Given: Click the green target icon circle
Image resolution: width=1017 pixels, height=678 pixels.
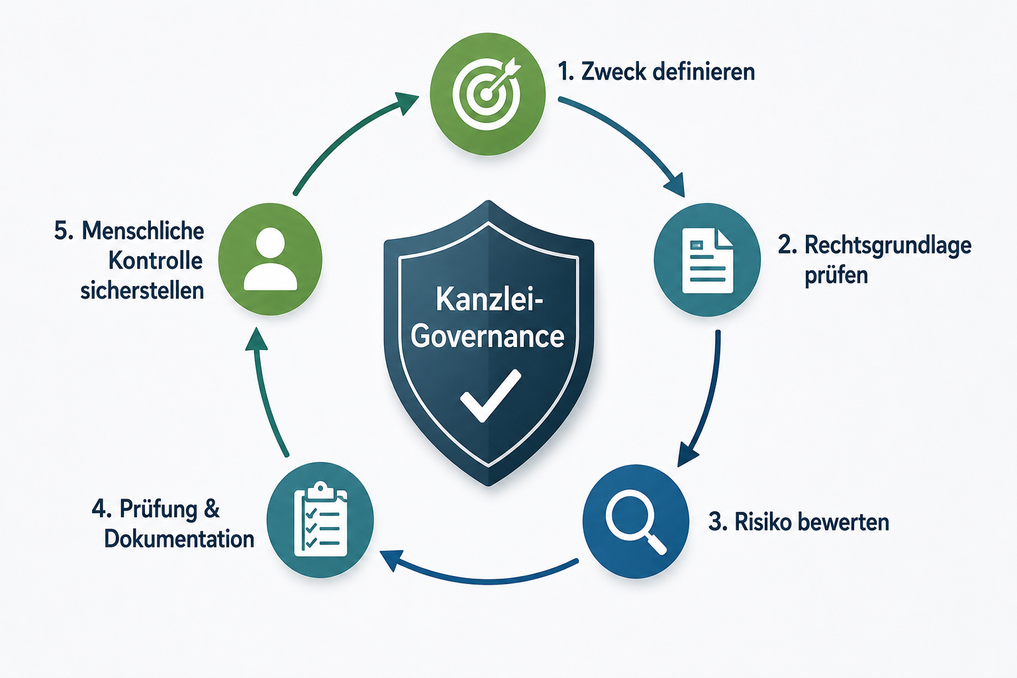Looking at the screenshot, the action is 487,94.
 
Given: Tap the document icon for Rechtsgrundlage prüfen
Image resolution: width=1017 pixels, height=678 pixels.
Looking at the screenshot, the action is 707,260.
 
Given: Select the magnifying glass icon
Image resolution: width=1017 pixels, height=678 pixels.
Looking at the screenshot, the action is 636,521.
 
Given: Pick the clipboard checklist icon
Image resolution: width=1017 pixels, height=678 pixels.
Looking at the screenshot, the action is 320,519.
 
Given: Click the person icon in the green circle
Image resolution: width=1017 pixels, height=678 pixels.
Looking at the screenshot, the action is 270,259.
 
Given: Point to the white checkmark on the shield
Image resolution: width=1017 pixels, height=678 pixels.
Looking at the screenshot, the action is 491,395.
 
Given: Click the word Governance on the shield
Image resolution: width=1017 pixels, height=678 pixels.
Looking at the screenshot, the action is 487,336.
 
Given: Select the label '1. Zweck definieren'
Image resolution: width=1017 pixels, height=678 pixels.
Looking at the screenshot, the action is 656,72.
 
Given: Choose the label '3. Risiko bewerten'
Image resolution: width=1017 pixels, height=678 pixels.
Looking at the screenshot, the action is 799,522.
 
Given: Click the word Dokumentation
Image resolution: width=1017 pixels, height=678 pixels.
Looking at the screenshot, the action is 179,539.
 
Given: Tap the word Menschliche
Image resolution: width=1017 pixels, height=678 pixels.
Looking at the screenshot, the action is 143,230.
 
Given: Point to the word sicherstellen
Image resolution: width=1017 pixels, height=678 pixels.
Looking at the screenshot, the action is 142,291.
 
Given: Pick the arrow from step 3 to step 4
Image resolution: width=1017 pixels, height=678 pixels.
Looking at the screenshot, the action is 481,581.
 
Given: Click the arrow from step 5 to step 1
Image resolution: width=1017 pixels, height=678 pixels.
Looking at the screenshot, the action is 345,136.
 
